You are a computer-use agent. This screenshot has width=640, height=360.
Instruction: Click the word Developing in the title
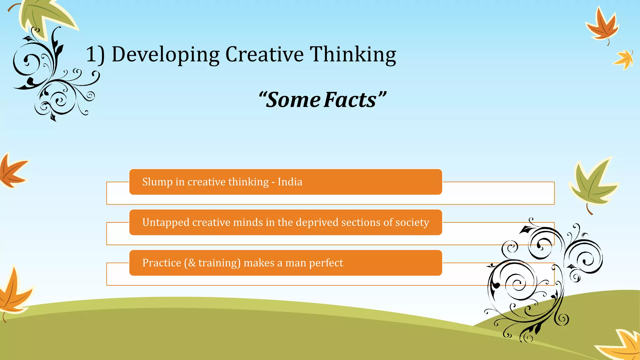(x=166, y=55)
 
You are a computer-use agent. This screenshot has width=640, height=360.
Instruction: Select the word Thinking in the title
(x=353, y=55)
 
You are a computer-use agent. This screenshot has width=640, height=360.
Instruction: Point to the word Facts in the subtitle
(x=350, y=100)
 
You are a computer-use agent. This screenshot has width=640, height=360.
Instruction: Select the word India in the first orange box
(x=290, y=182)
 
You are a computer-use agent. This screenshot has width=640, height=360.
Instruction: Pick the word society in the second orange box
(x=412, y=222)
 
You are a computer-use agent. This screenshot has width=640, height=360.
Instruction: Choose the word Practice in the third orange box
(x=162, y=263)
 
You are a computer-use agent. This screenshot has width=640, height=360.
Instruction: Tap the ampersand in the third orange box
(x=192, y=263)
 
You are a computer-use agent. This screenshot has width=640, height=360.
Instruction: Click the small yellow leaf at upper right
(x=624, y=59)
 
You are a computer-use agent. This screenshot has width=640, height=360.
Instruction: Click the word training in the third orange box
(x=219, y=263)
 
